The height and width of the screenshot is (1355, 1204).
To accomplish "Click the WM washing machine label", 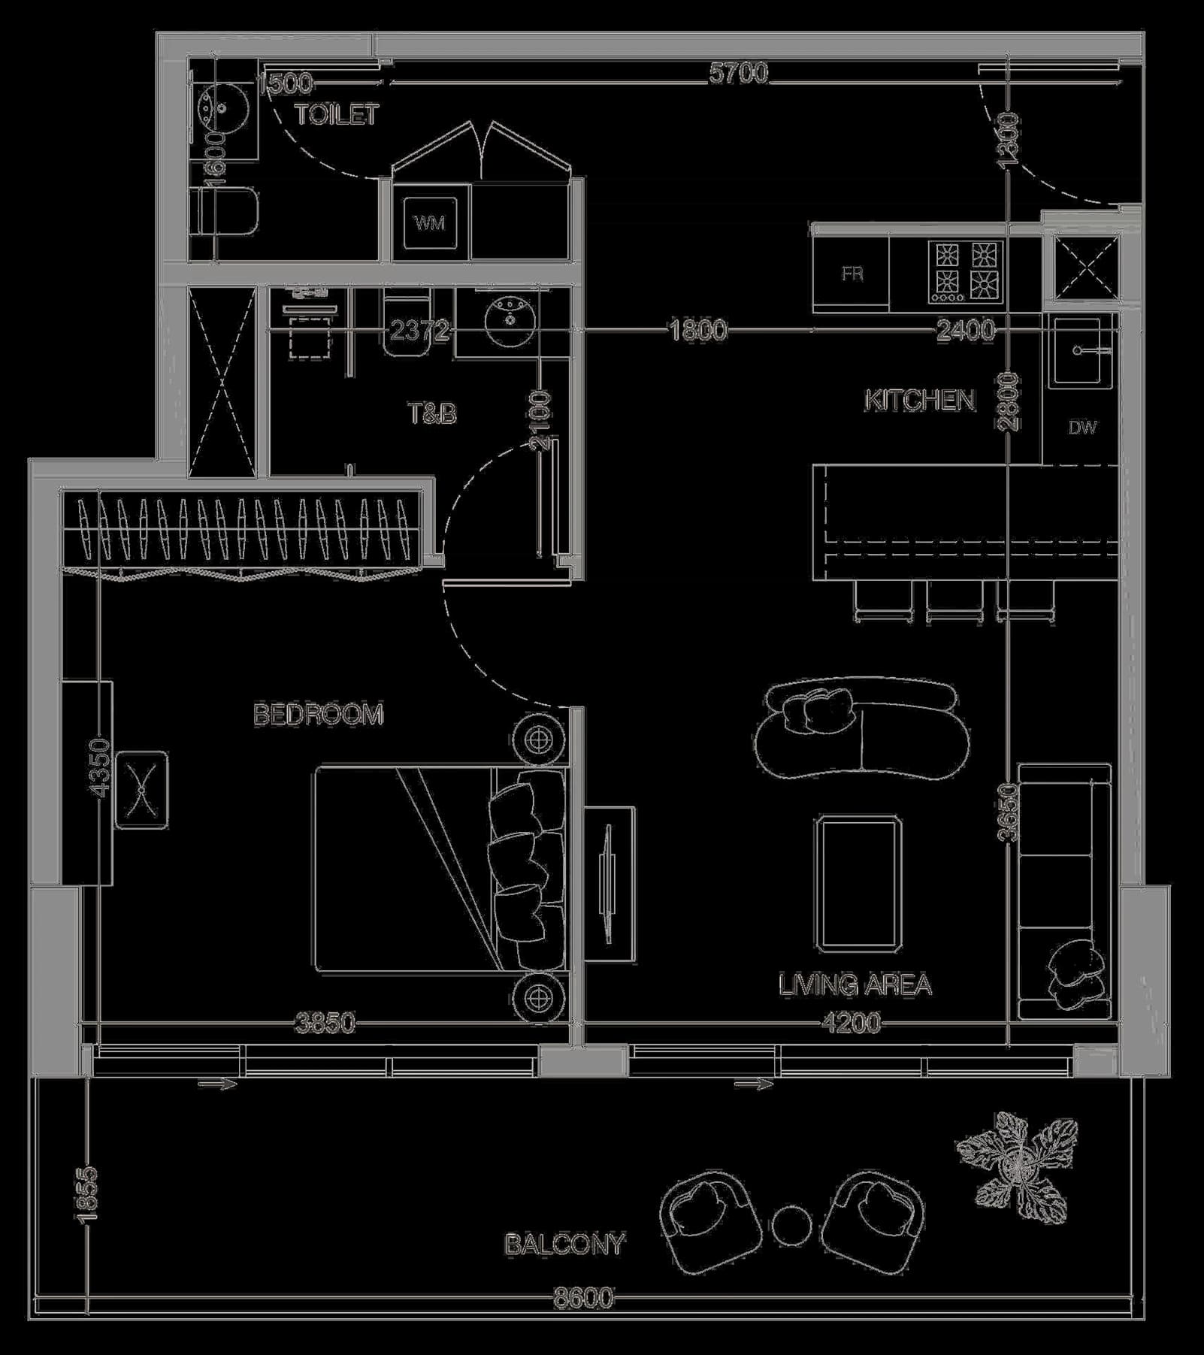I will coord(429,222).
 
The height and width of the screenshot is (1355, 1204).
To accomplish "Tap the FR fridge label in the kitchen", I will coord(852,274).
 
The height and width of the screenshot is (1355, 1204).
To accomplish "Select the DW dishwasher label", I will coord(1082,428).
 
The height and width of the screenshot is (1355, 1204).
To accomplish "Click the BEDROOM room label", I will coord(319,714).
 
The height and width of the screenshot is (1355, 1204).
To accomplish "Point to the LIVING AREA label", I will coord(855,984).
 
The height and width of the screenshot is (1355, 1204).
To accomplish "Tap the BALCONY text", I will coord(564,1245).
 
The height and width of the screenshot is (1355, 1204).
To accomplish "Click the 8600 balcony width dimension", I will coord(583,1298).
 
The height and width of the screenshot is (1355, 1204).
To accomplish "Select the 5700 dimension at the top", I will coord(739,73).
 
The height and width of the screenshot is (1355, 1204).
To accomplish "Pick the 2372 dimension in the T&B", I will coord(419,330).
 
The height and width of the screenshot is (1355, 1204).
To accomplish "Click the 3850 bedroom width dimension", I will coord(325,1023).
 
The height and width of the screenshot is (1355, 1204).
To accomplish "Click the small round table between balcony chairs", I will coord(791,1225).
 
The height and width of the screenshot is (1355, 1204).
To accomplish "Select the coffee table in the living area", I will coord(858,884).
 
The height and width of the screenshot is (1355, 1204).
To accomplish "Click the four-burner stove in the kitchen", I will coord(965,271).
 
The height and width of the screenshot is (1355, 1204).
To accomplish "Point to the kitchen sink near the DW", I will coord(1081,351).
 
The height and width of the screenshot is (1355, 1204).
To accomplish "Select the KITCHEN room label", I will coord(919,401).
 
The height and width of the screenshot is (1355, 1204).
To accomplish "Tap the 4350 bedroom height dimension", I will coord(100,765).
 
